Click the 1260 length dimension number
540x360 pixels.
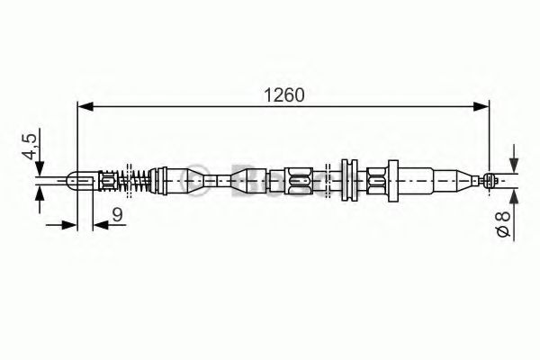(x=283, y=93)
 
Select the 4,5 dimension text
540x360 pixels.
(x=30, y=148)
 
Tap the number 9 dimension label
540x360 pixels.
(x=118, y=215)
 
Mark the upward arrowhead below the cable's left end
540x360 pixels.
(x=40, y=195)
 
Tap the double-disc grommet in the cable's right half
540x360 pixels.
(x=346, y=179)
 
